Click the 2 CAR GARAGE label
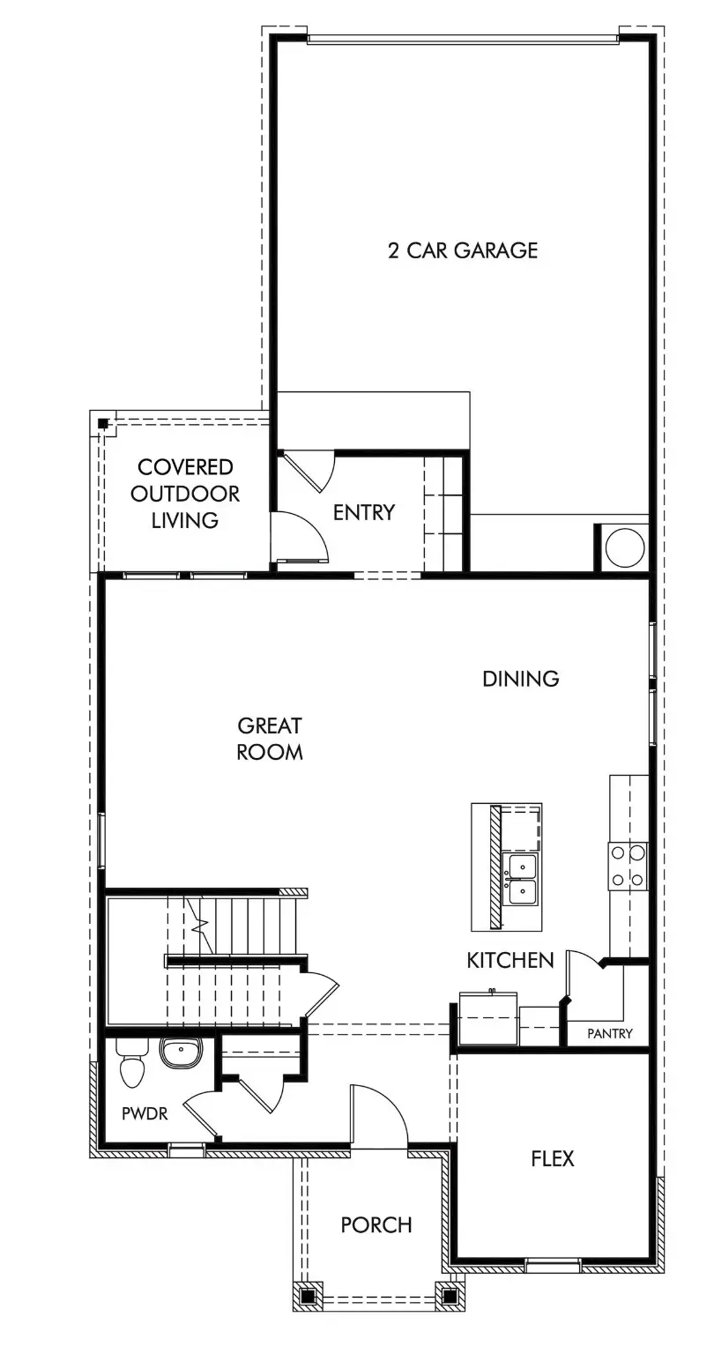click(x=463, y=250)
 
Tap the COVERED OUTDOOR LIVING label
click(x=185, y=494)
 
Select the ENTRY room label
click(x=363, y=512)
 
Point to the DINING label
click(x=521, y=679)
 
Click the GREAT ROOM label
click(x=270, y=739)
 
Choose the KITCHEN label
click(x=510, y=960)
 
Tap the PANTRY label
click(x=610, y=1033)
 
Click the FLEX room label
click(x=553, y=1158)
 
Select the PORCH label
click(x=376, y=1225)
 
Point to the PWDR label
click(x=145, y=1113)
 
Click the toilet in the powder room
click(x=132, y=1064)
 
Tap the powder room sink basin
click(x=182, y=1052)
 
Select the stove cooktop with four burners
click(x=628, y=866)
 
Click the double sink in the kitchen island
click(x=523, y=879)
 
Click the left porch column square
click(x=308, y=1297)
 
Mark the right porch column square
click(x=449, y=1297)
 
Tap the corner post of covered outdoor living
click(x=103, y=423)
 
